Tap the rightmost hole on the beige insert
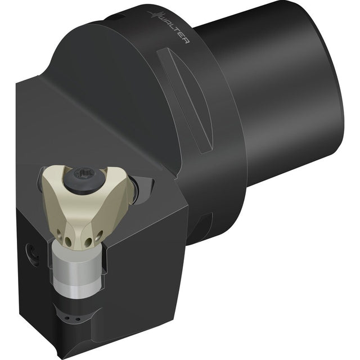pyautogui.click(x=100, y=235)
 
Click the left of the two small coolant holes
pyautogui.click(x=67, y=318)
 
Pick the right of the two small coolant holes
pyautogui.click(x=78, y=319)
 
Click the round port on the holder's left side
pyautogui.click(x=32, y=254)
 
